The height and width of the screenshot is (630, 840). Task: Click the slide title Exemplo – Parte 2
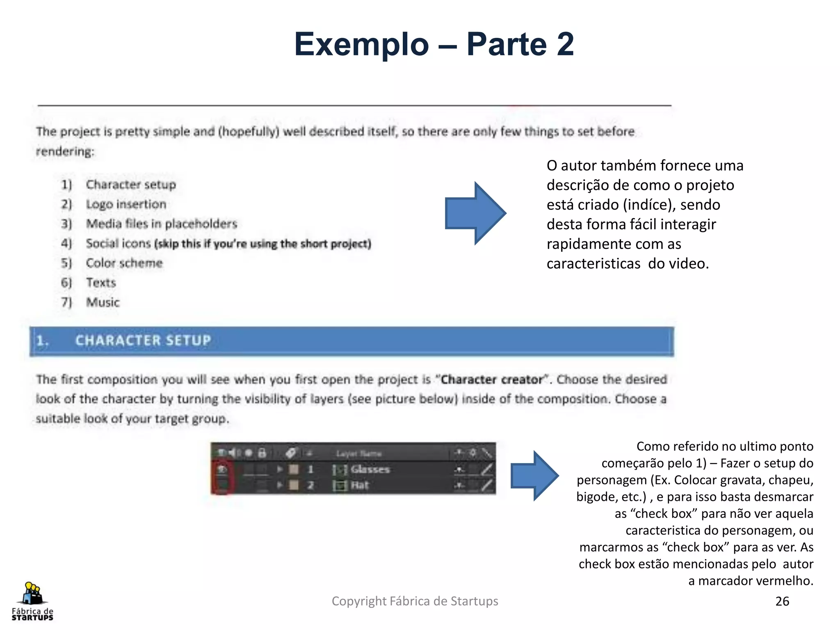coord(434,44)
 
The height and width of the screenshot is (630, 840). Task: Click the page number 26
coord(782,601)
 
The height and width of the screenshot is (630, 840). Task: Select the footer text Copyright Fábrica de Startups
coord(415,601)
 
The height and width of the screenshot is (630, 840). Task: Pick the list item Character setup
coord(131,185)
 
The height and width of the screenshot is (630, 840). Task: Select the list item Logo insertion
coord(126,204)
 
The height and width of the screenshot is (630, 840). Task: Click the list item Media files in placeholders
coord(162,224)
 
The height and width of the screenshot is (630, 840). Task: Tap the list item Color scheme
coord(124,263)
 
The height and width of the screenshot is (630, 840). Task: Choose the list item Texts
coord(101,283)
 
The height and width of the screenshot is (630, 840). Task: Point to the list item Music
coord(103,302)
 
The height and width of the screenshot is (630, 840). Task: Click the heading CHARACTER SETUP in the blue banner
coord(143,340)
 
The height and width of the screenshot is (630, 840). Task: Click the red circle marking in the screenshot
coord(222,477)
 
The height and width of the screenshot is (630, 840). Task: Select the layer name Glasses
coord(370,469)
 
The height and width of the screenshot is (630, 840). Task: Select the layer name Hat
coord(360,486)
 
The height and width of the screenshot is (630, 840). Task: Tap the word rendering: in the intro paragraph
coord(65,152)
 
